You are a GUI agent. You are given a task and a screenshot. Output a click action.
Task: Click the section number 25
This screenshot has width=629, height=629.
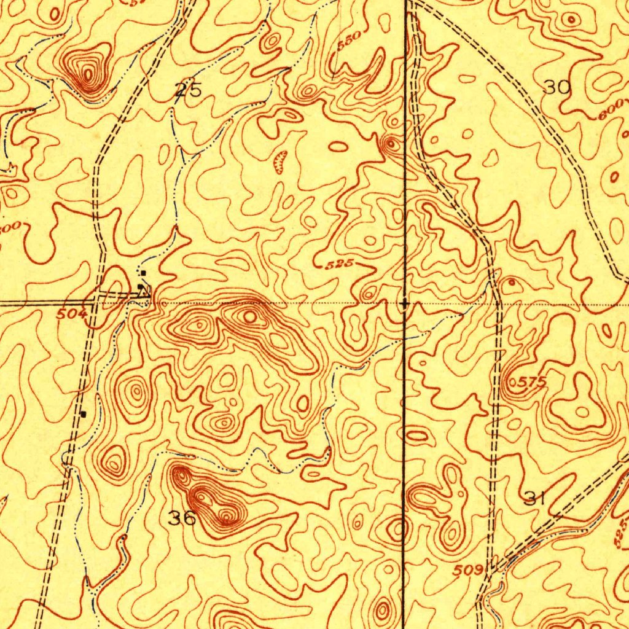(x=188, y=90)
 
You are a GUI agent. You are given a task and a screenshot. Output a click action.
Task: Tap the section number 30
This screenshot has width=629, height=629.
(x=558, y=87)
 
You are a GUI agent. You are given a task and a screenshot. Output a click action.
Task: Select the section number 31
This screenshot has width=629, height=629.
(x=535, y=498)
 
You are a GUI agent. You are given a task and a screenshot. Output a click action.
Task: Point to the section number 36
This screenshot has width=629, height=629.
(x=182, y=518)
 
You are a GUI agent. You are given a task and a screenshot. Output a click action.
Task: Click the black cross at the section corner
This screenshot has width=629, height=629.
(x=404, y=303)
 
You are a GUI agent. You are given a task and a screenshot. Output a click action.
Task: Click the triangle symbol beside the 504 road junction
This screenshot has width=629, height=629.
(x=146, y=295)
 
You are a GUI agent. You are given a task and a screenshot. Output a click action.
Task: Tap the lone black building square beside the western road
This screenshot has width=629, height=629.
(x=84, y=413)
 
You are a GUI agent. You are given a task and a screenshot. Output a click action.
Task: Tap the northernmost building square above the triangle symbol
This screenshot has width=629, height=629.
(x=143, y=272)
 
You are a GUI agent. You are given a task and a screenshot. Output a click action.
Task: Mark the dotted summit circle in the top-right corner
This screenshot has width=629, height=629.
(x=572, y=20)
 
